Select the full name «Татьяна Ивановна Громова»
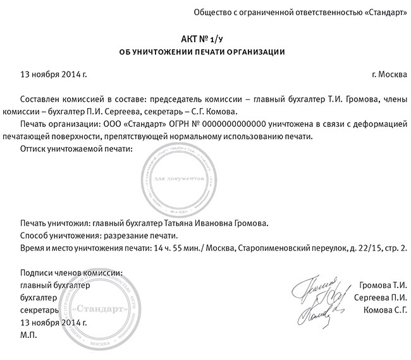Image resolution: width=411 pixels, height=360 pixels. coord(216,222)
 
